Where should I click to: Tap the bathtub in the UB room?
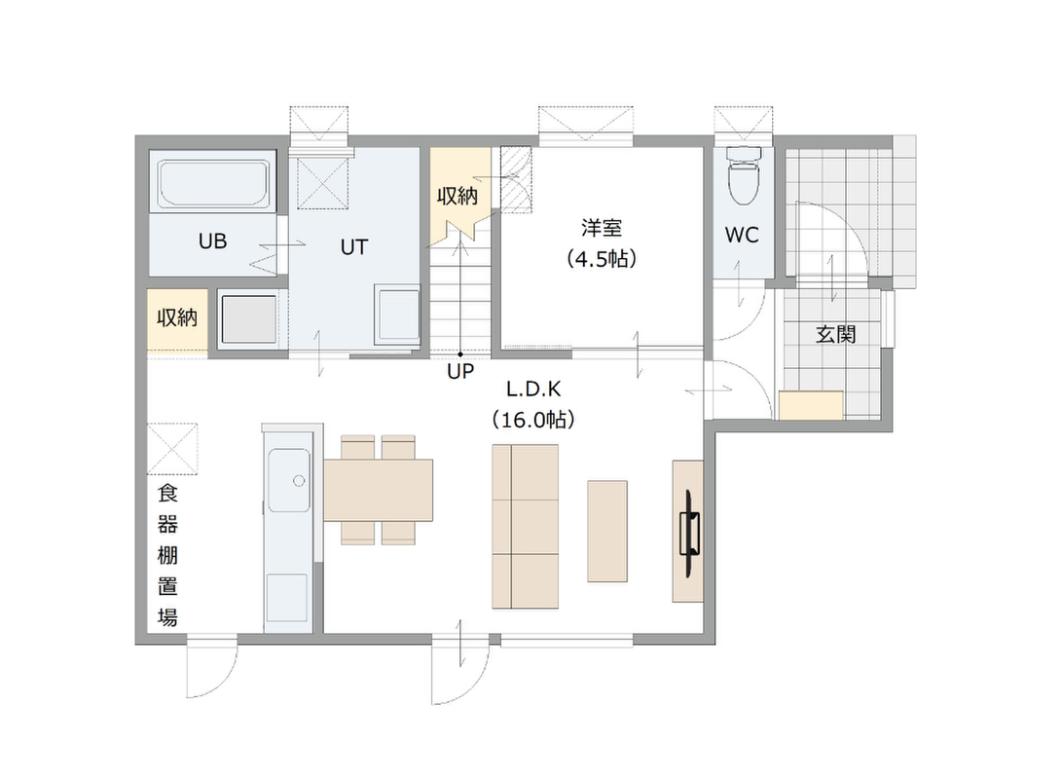[212, 183]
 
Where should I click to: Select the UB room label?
[212, 241]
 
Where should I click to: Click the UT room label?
[354, 247]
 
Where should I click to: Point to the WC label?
[742, 235]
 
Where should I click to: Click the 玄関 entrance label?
[836, 334]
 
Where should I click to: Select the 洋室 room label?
[602, 228]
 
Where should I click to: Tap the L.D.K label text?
[533, 389]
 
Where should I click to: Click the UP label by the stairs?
[460, 371]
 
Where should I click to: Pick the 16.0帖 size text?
[533, 420]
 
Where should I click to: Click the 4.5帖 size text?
[602, 259]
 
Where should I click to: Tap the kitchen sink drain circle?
[299, 481]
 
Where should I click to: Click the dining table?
[378, 490]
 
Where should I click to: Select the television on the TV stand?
[690, 534]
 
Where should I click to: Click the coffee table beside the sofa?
[606, 531]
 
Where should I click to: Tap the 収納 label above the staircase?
[458, 196]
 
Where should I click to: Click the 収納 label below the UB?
[177, 317]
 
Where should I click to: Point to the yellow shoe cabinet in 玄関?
[811, 405]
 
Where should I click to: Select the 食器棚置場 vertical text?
[167, 555]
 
